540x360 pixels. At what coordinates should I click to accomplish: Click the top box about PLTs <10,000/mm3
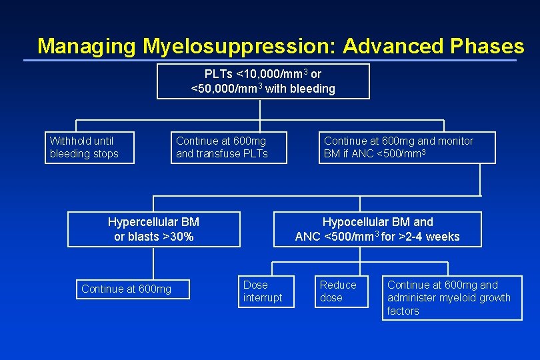(x=263, y=81)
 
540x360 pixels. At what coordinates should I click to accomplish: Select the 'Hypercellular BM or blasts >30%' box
(x=154, y=229)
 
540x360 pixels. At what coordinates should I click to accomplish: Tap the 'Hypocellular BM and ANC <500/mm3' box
(x=377, y=229)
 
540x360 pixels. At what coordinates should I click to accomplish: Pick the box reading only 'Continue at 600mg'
(x=133, y=289)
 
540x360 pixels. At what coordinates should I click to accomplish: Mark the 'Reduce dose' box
(x=341, y=291)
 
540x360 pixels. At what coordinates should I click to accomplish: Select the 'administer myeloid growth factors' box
(x=452, y=298)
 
